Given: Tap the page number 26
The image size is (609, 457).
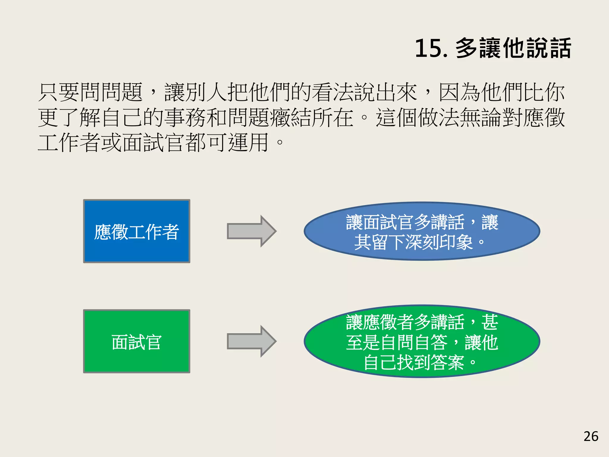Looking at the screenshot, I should (591, 436).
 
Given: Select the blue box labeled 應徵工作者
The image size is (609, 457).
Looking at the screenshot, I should (136, 231).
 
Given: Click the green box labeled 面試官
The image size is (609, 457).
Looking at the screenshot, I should (136, 341).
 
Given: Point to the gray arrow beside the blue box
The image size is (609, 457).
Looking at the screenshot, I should (252, 231).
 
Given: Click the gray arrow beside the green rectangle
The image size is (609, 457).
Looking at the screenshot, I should (252, 341).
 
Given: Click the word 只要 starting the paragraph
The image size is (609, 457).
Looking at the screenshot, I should (59, 93).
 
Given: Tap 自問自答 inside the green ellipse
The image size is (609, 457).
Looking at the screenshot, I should (413, 342).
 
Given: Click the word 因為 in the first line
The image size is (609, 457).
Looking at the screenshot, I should (459, 93).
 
